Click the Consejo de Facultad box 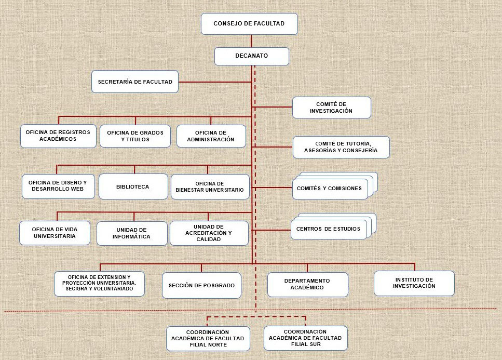[x=249, y=24]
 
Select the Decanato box [x=252, y=56]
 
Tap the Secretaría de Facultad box [x=135, y=82]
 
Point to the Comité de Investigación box [x=331, y=108]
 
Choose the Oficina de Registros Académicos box [x=58, y=136]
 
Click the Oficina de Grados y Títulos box [x=135, y=136]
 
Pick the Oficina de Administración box [x=211, y=136]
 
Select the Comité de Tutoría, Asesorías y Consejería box [x=341, y=148]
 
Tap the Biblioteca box [x=133, y=186]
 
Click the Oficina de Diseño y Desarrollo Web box [x=58, y=186]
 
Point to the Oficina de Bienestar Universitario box [x=210, y=186]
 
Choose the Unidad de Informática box [x=131, y=233]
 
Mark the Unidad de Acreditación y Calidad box [x=209, y=233]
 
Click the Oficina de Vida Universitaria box [x=55, y=233]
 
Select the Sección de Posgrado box [x=201, y=285]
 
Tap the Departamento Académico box [x=307, y=284]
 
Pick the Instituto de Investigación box [x=414, y=283]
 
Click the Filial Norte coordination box [x=208, y=339]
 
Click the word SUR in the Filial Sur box [x=315, y=344]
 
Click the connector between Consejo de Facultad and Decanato [x=251, y=41]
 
